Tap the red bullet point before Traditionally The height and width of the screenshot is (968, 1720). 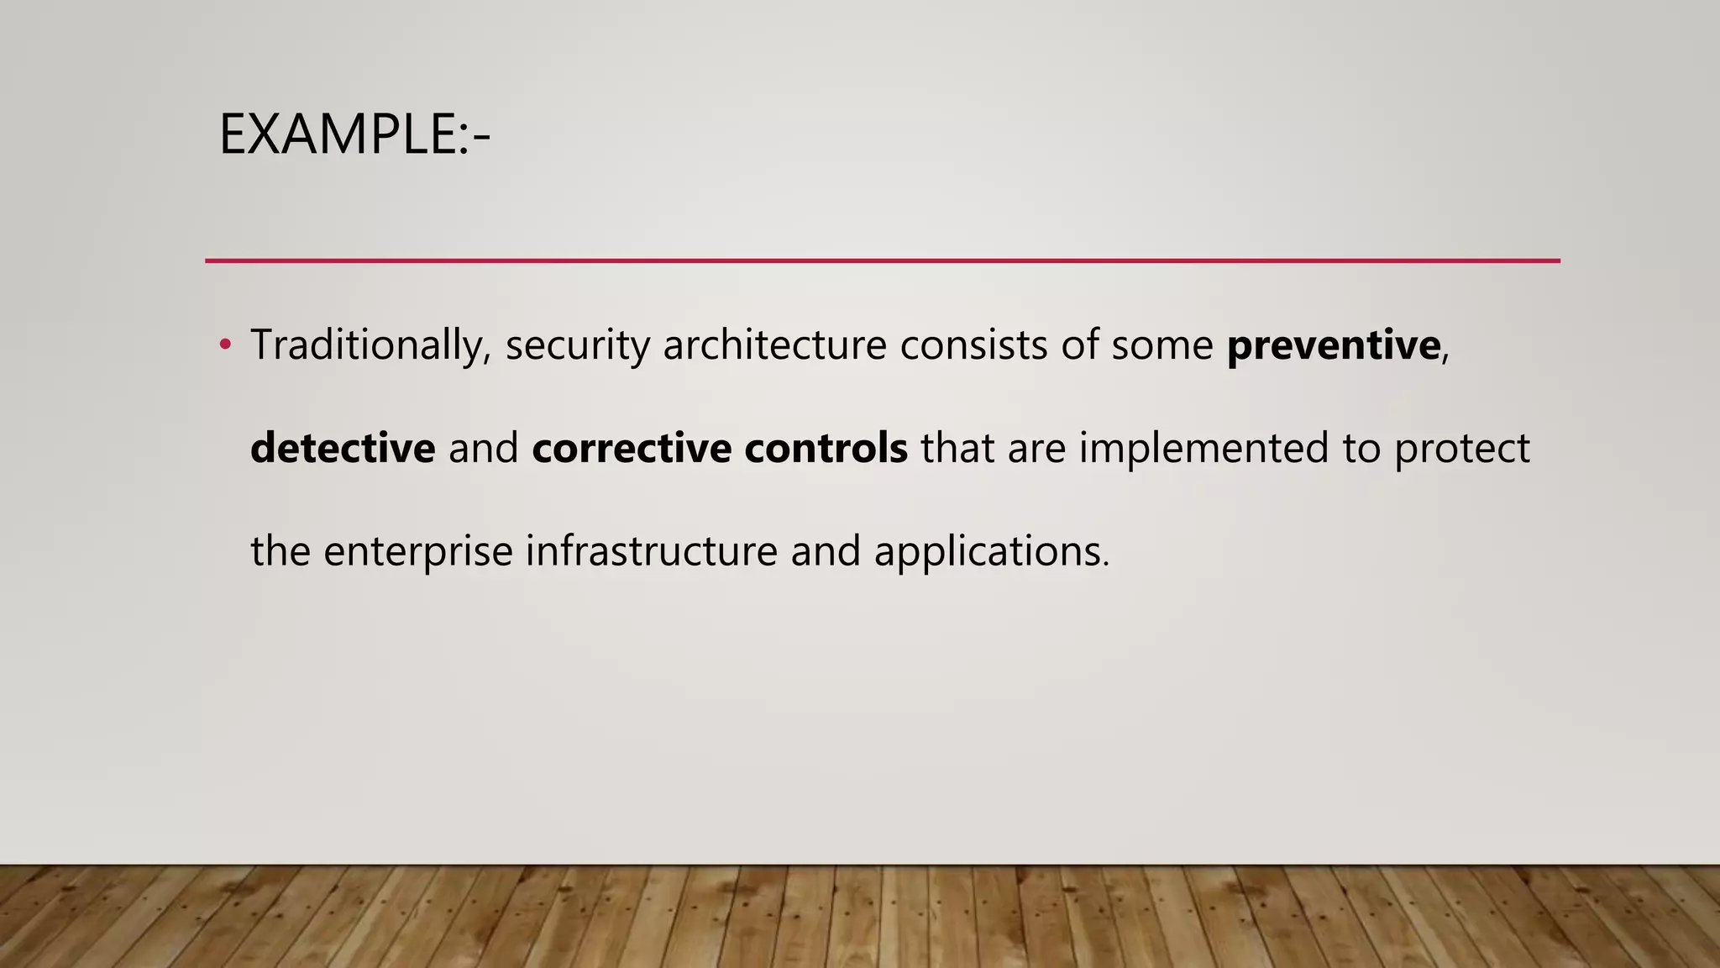tap(224, 345)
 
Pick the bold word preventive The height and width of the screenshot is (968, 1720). tap(1333, 345)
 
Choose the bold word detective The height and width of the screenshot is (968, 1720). tap(343, 448)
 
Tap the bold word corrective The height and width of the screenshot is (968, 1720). tap(632, 448)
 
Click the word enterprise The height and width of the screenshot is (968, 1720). tap(417, 552)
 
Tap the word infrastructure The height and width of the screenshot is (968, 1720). tap(651, 551)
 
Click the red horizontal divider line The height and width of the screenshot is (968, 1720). tap(882, 261)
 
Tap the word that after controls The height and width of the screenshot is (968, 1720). tap(957, 448)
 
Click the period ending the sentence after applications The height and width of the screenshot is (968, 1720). tap(1106, 566)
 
